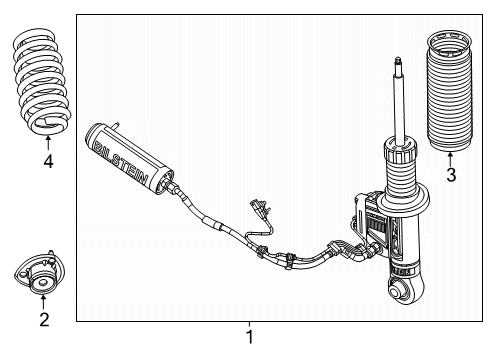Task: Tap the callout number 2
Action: pyautogui.click(x=43, y=320)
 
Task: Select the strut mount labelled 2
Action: pyautogui.click(x=42, y=280)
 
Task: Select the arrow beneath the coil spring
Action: pyautogui.click(x=47, y=142)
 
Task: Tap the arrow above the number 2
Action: pyautogui.click(x=43, y=303)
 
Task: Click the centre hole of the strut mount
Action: pyautogui.click(x=43, y=283)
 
